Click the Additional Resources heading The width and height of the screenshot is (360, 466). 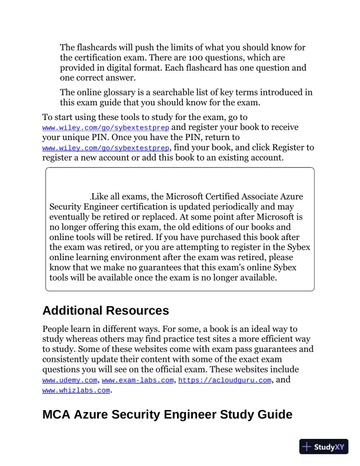point(106,310)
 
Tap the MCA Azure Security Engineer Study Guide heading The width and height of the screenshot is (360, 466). point(167,414)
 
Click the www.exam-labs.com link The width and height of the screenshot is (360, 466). point(138,381)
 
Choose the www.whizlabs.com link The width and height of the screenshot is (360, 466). point(76,390)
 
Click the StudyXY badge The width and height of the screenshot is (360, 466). point(324,447)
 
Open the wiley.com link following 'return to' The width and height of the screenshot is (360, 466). point(106,147)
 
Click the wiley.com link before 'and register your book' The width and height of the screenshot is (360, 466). point(106,127)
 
